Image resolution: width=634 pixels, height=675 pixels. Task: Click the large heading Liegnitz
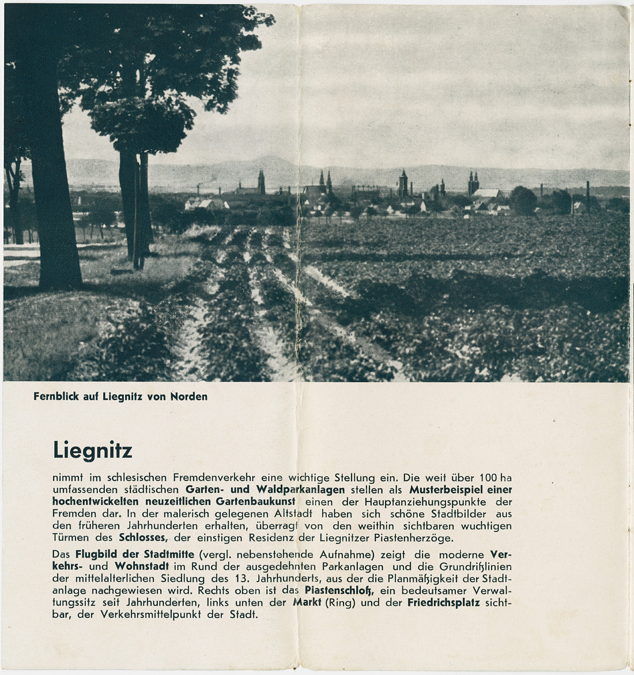pyautogui.click(x=92, y=450)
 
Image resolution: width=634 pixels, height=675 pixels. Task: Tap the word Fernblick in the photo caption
pyautogui.click(x=51, y=397)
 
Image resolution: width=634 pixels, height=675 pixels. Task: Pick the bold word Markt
pyautogui.click(x=307, y=603)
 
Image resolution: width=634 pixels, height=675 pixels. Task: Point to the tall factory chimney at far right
pyautogui.click(x=587, y=196)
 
